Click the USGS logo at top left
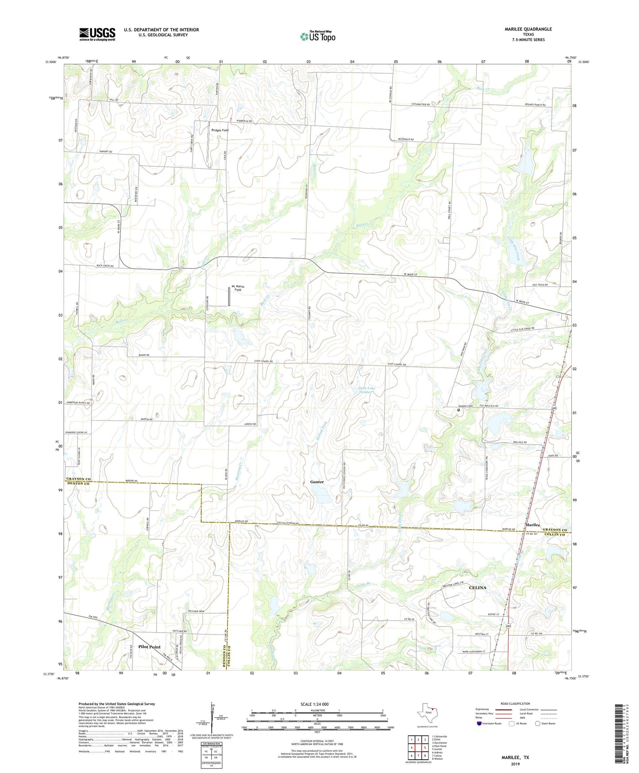point(97,34)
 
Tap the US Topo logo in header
point(318,36)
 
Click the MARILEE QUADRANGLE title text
point(528,29)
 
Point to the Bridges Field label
point(220,130)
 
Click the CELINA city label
point(477,587)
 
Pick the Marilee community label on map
point(532,525)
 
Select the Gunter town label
point(317,482)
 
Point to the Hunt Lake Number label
point(367,390)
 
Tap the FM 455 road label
point(92,617)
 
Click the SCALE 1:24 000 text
point(314,704)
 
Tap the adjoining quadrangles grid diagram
point(418,748)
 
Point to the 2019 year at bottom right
point(515,764)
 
